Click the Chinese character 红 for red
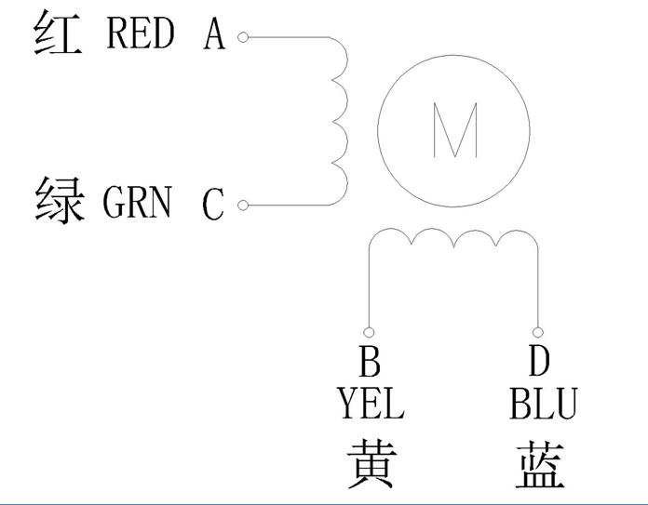58,33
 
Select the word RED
140,33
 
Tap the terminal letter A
214,34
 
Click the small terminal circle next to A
243,37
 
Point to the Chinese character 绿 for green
61,201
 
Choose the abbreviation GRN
137,202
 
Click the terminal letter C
213,204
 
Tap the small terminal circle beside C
243,206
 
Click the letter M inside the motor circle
455,130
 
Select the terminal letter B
369,362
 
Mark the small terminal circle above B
369,332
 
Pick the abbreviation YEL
371,404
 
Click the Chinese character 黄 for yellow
371,464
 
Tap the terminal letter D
539,361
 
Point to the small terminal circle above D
537,332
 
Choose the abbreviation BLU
543,404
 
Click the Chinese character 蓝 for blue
540,464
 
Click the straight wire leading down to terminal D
538,288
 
